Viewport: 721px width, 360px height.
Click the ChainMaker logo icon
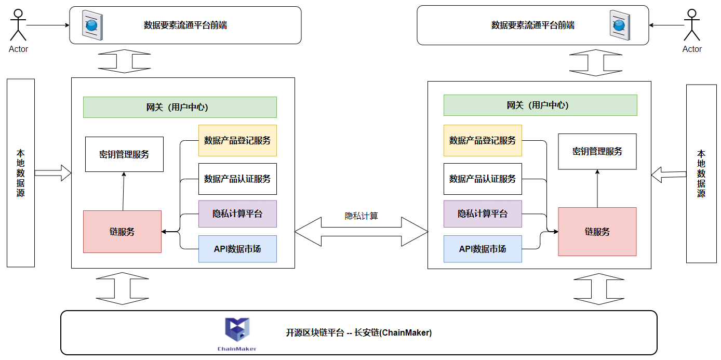pos(237,331)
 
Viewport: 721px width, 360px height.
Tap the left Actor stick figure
pos(18,25)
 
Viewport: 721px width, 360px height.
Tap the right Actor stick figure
pos(691,25)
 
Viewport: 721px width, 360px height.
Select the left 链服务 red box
pos(122,232)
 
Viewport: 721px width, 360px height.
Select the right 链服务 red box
pos(597,232)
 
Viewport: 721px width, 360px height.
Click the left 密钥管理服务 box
pos(124,154)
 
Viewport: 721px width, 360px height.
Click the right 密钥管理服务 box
pos(597,151)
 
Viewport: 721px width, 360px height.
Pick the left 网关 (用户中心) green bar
pos(180,107)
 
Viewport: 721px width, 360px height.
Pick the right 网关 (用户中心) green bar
pos(540,105)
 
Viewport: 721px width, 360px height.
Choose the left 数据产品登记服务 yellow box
pos(237,140)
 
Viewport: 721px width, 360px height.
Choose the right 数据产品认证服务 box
pos(483,179)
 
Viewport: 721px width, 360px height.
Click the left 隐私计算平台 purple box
pos(237,214)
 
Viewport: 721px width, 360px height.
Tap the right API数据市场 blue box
pos(483,249)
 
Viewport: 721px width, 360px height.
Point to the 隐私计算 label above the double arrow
pos(361,216)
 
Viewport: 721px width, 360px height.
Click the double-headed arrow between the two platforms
pos(361,231)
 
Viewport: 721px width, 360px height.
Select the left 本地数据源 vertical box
pos(21,173)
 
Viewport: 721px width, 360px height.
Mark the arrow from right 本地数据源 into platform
pos(669,174)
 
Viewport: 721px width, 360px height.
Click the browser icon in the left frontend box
pos(92,25)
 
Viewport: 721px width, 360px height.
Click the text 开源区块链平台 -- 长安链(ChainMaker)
pos(358,332)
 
